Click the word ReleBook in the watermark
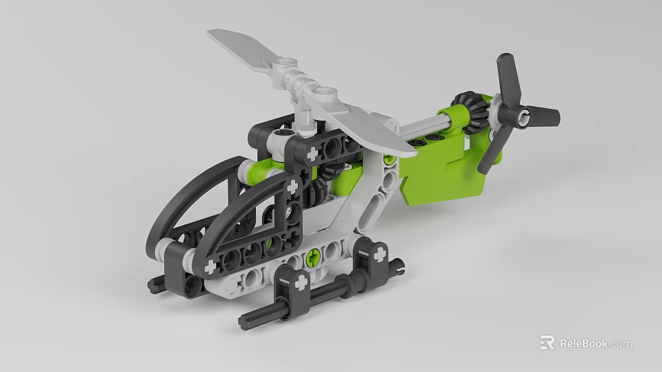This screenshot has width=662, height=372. tap(583, 343)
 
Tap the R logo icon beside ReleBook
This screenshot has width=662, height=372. tap(547, 342)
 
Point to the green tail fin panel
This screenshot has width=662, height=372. tap(441, 176)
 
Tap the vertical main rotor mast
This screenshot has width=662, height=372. tap(304, 114)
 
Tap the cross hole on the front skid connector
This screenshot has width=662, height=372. tap(300, 282)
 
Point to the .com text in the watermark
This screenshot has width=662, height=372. tap(621, 343)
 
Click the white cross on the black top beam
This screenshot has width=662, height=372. tap(313, 152)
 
